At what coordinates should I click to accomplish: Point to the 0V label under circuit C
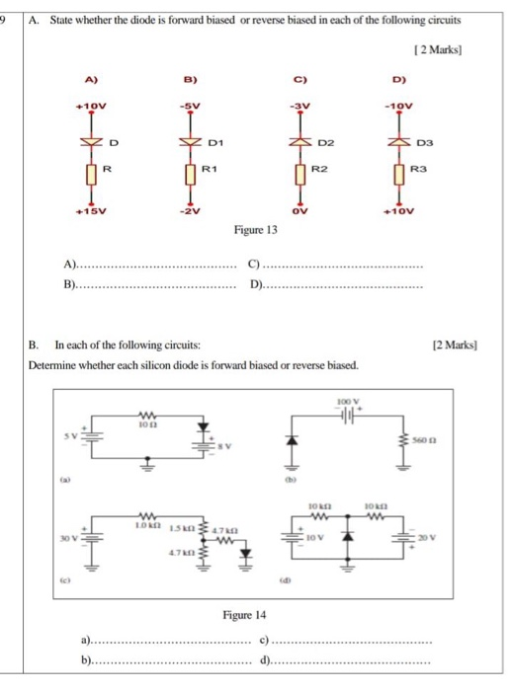tap(300, 210)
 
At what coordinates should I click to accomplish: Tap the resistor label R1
tap(210, 170)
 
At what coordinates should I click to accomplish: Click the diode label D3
tap(430, 143)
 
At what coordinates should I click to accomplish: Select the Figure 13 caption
tap(256, 230)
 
